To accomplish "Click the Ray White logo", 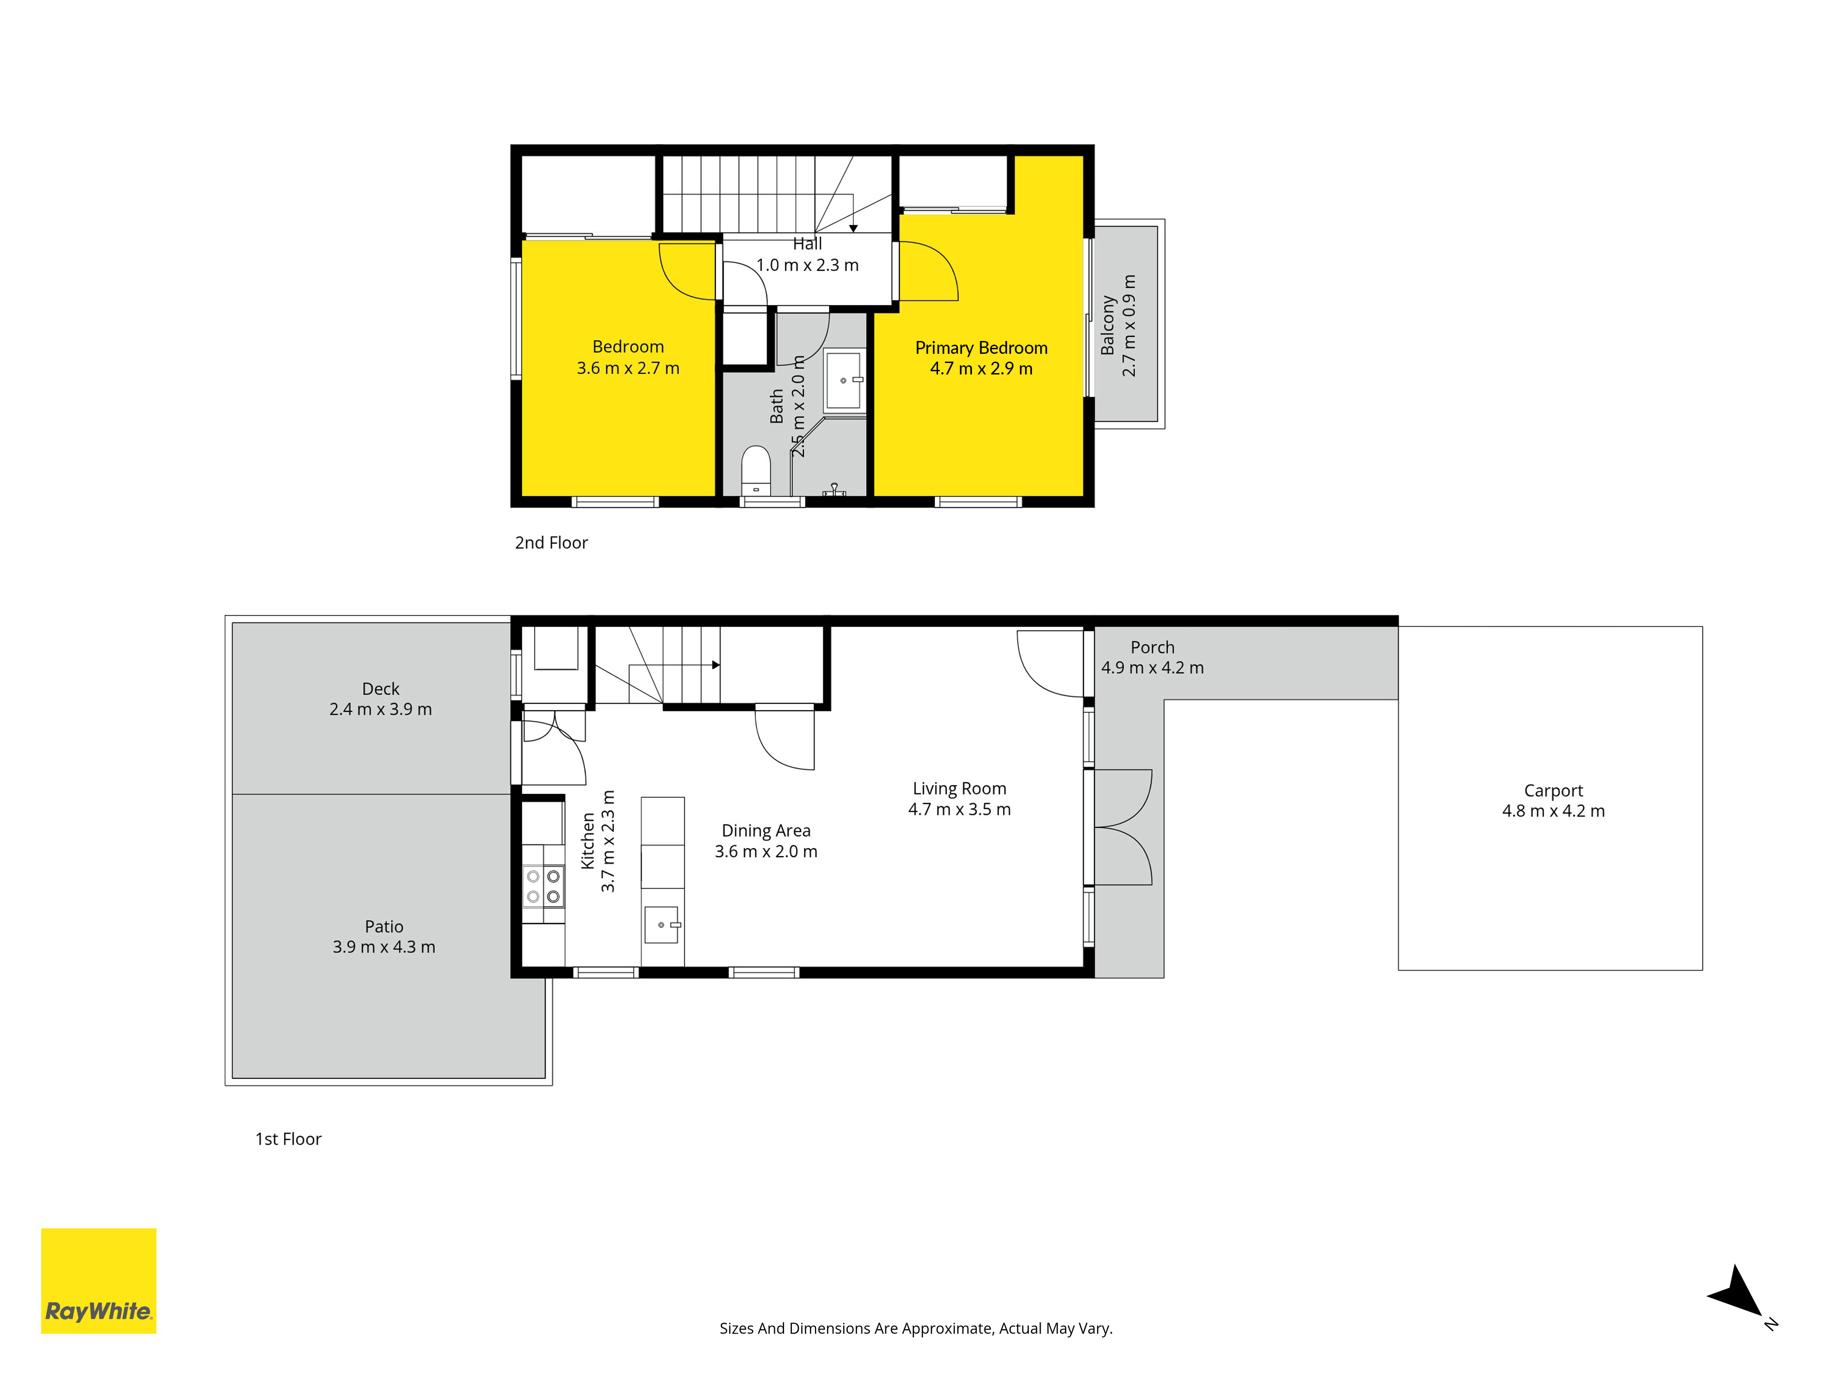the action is (99, 1281).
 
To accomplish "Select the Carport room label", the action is (1553, 791).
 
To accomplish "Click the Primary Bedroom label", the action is (981, 348).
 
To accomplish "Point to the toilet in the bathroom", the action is (756, 471).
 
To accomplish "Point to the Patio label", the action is (384, 927).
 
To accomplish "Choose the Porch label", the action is (1152, 647).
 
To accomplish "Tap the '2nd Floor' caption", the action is (551, 543).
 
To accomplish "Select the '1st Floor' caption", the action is (287, 1139).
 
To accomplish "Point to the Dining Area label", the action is (766, 830).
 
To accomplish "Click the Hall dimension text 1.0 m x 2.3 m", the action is (807, 265).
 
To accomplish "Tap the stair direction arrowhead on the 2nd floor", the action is (854, 228).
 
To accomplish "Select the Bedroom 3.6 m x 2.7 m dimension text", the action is (628, 368).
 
